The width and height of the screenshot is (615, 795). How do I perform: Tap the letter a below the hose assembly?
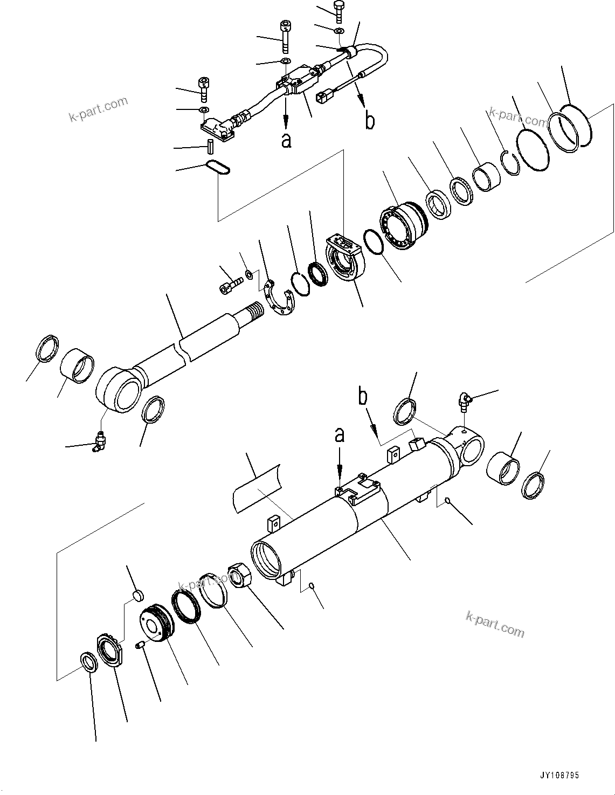tap(286, 140)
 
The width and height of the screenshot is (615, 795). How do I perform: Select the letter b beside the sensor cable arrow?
tap(370, 121)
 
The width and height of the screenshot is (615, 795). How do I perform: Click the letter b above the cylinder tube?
tap(364, 397)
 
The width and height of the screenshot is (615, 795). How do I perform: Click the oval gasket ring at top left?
tap(218, 168)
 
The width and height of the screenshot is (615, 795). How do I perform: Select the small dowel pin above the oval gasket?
tap(211, 146)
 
